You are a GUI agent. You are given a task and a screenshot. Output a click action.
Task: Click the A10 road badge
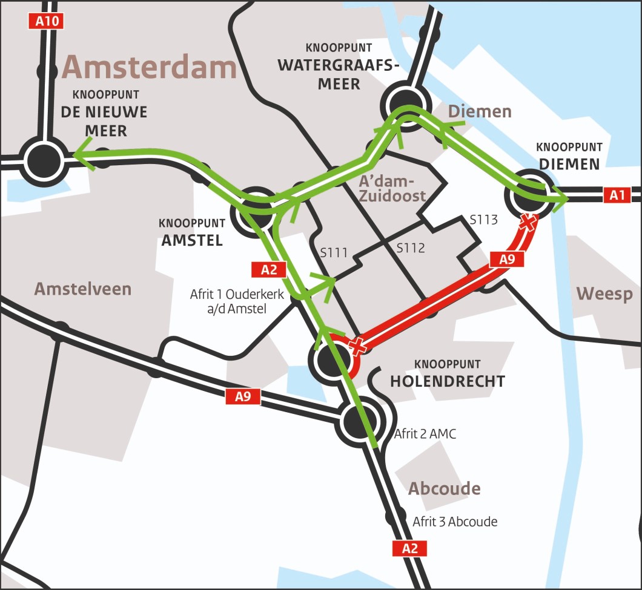tap(47, 22)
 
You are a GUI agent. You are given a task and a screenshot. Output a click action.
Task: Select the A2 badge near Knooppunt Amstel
tap(268, 270)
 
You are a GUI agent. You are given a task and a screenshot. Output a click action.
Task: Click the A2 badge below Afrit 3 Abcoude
tap(410, 549)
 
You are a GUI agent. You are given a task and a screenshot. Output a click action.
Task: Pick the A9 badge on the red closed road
tap(507, 260)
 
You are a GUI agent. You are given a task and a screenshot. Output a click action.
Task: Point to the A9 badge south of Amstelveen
tap(243, 397)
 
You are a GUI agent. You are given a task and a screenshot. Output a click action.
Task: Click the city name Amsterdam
tap(149, 67)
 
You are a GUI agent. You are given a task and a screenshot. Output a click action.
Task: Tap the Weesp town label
tap(604, 294)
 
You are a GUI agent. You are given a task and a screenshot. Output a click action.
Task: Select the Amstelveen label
tap(83, 289)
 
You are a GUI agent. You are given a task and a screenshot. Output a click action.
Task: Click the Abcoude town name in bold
tap(445, 488)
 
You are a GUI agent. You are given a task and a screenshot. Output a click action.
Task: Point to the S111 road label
tap(334, 252)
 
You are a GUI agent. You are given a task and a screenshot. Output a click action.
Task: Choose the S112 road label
tap(411, 247)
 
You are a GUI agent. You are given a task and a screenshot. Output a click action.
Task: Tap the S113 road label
tap(484, 220)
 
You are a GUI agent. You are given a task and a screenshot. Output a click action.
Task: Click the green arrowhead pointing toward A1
tap(560, 197)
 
